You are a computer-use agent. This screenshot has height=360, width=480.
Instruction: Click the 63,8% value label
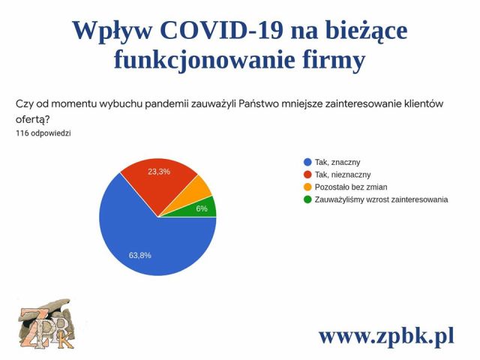(139, 255)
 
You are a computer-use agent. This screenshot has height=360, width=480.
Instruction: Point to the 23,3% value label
(158, 172)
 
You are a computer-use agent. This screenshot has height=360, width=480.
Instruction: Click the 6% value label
(202, 208)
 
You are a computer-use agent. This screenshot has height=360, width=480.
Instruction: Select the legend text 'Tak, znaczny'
(337, 162)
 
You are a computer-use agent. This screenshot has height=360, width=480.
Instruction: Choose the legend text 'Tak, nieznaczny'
(343, 175)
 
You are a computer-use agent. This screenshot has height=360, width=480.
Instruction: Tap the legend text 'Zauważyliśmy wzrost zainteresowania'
(381, 199)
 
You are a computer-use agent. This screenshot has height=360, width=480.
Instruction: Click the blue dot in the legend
(307, 162)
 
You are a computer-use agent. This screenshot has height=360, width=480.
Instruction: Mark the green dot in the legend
(307, 199)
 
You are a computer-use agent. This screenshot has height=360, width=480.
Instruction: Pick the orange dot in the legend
(307, 187)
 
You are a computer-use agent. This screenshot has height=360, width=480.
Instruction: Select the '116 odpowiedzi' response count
(43, 133)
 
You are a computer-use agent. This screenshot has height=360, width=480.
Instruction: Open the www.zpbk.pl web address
(386, 335)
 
